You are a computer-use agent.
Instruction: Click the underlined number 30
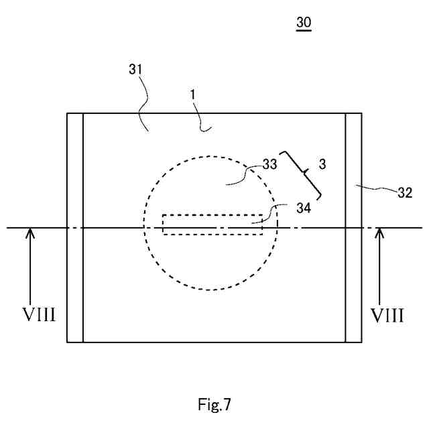pyautogui.click(x=304, y=23)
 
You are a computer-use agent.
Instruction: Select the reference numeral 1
pyautogui.click(x=192, y=95)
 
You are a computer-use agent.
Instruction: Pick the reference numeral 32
pyautogui.click(x=405, y=193)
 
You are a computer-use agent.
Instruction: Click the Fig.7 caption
pyautogui.click(x=214, y=404)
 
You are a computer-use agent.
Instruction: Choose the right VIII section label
pyautogui.click(x=388, y=315)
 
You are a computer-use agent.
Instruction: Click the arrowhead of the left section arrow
pyautogui.click(x=30, y=233)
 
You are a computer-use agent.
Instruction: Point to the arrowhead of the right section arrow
pyautogui.click(x=379, y=233)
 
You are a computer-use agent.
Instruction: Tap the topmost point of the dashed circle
pyautogui.click(x=210, y=157)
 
